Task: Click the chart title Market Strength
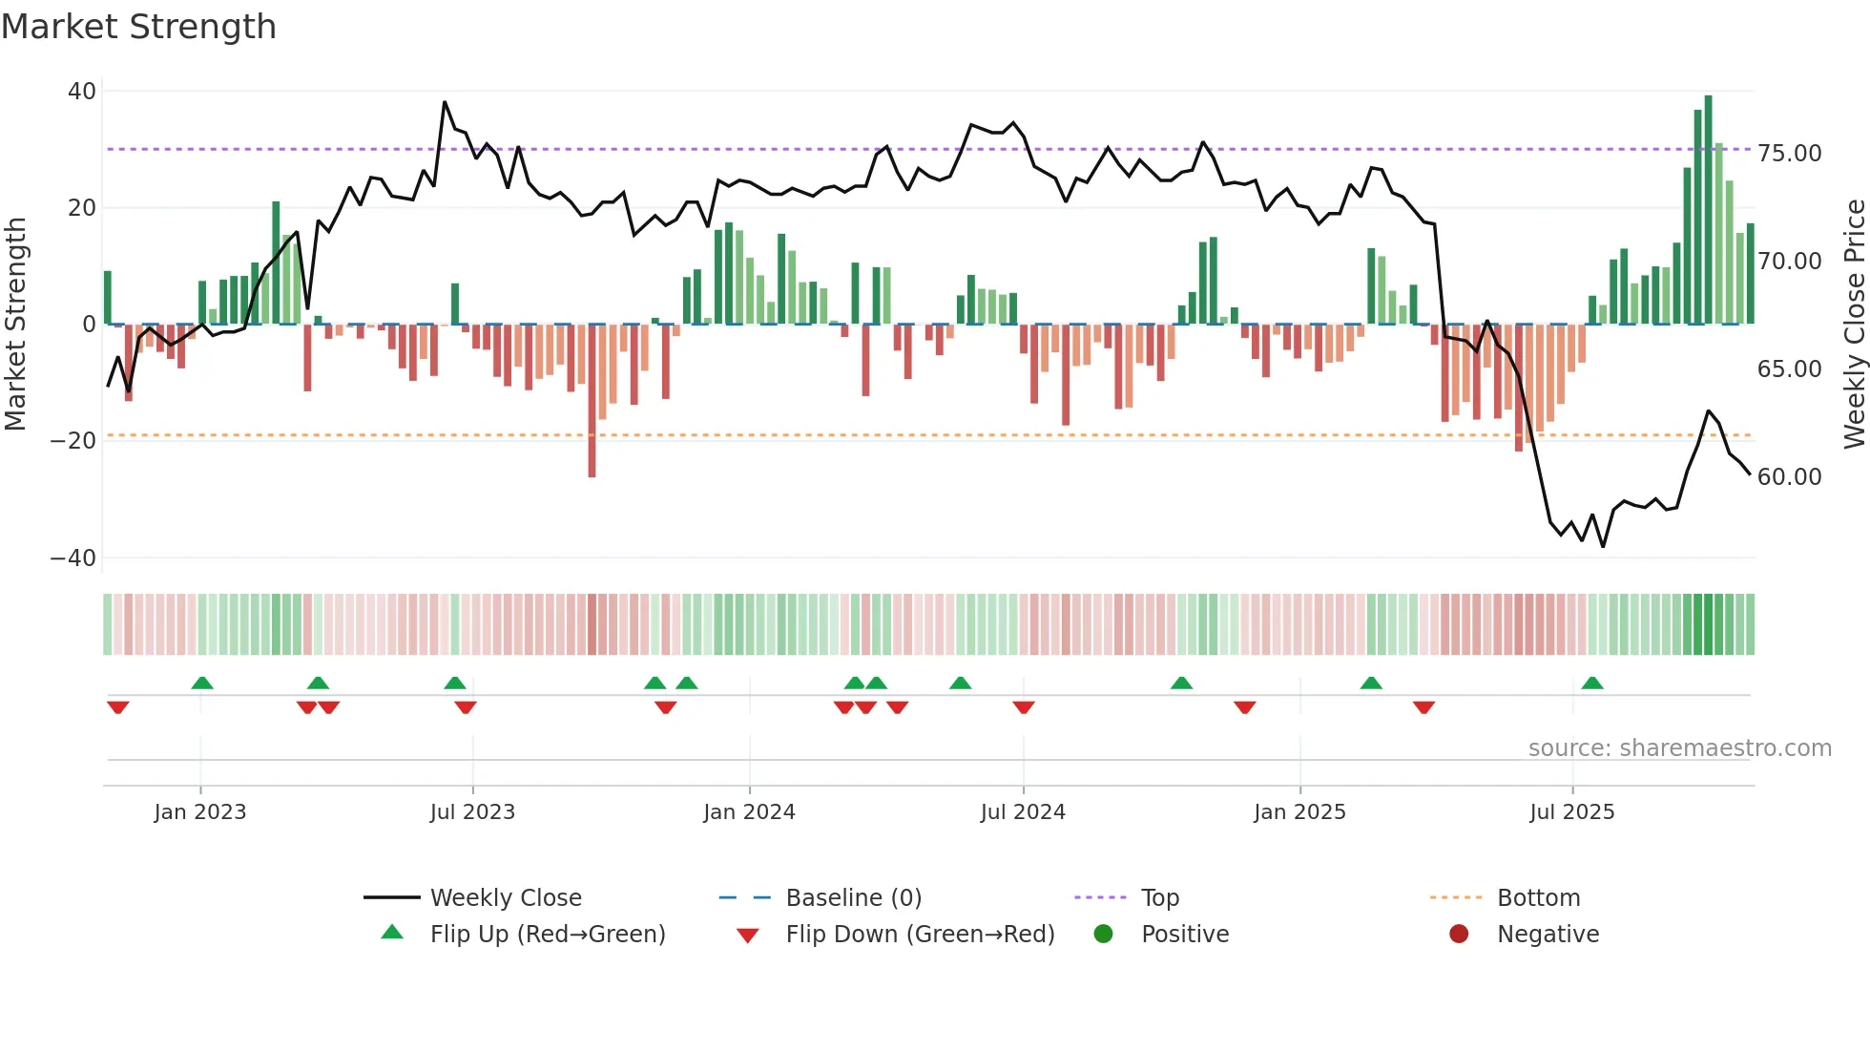pyautogui.click(x=139, y=27)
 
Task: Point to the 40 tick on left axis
pyautogui.click(x=82, y=92)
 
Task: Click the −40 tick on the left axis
pyautogui.click(x=73, y=558)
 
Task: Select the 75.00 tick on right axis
pyautogui.click(x=1789, y=154)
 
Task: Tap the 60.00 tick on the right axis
pyautogui.click(x=1789, y=476)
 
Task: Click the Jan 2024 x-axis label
pyautogui.click(x=749, y=812)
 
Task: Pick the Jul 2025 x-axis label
pyautogui.click(x=1571, y=812)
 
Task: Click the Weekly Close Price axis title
pyautogui.click(x=1854, y=325)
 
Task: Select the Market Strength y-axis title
pyautogui.click(x=16, y=325)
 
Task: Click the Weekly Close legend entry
pyautogui.click(x=505, y=898)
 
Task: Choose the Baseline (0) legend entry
pyautogui.click(x=853, y=898)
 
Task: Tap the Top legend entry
pyautogui.click(x=1159, y=898)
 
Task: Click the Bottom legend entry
pyautogui.click(x=1538, y=898)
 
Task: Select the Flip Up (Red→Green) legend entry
pyautogui.click(x=547, y=935)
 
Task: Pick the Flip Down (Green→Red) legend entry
pyautogui.click(x=920, y=935)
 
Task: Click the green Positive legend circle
pyautogui.click(x=1104, y=934)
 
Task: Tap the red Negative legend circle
pyautogui.click(x=1459, y=934)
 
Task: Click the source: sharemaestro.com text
pyautogui.click(x=1679, y=748)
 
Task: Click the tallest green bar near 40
pyautogui.click(x=1708, y=210)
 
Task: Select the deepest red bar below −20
pyautogui.click(x=592, y=401)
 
